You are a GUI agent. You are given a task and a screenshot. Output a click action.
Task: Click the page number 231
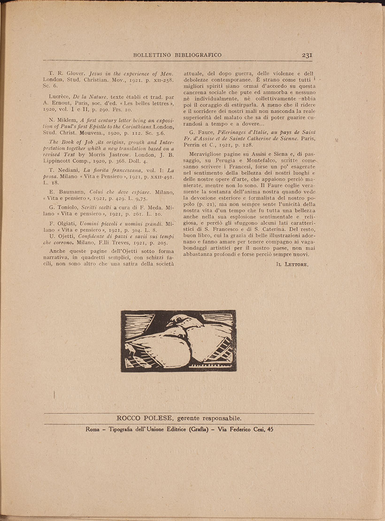[x=308, y=55]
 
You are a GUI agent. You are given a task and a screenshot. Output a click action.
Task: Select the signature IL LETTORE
[x=292, y=265]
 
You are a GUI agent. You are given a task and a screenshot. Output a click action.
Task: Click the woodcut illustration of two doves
[x=178, y=341]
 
